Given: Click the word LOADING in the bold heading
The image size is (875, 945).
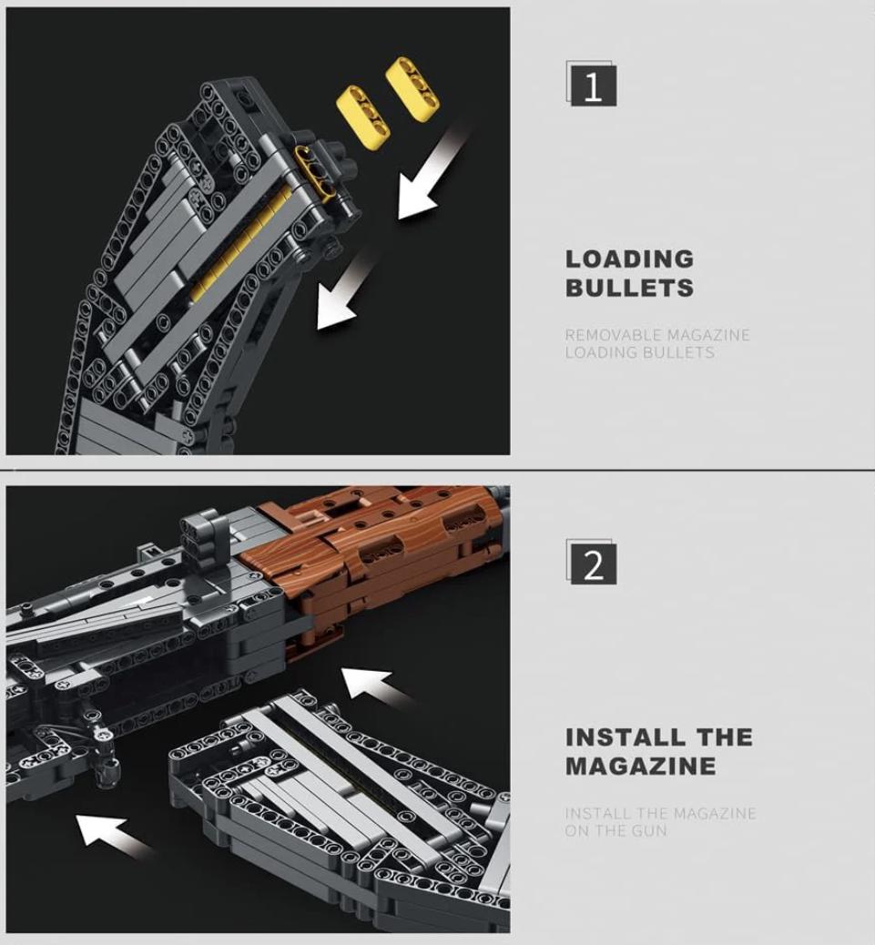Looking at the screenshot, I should [629, 259].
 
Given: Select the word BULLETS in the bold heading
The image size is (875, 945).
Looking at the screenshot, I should [629, 289].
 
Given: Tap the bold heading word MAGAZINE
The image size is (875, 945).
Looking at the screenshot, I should [640, 766].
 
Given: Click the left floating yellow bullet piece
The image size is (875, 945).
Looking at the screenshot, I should [362, 117].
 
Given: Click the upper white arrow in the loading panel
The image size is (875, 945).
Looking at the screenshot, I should [428, 178].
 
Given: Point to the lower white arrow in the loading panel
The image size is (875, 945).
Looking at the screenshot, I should [341, 296].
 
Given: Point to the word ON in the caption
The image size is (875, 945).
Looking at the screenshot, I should [576, 831].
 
